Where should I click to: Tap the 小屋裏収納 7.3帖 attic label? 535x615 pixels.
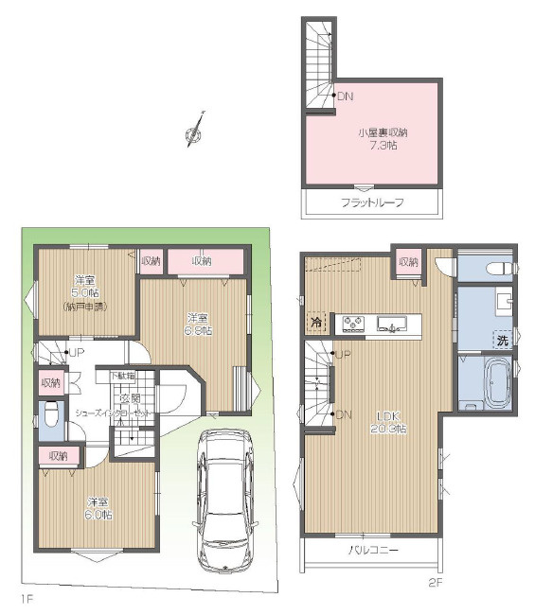tap(375, 138)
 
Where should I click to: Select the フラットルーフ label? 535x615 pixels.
tap(372, 203)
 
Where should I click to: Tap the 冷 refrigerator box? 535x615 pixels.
tap(314, 324)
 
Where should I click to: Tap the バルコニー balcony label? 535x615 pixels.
tap(373, 550)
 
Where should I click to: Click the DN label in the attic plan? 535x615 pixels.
tap(346, 96)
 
